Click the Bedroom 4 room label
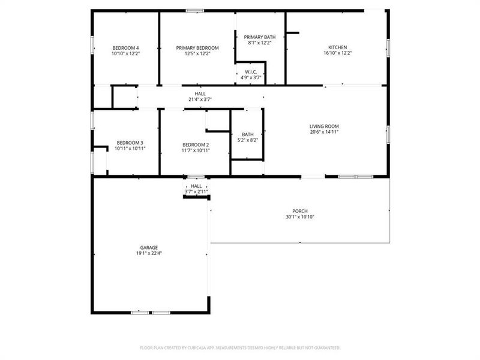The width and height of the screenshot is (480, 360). (125, 48)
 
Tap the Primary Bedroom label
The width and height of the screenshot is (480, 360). (197, 48)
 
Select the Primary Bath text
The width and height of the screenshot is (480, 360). (260, 37)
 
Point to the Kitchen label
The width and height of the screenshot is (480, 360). (337, 48)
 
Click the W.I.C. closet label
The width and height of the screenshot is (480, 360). (251, 71)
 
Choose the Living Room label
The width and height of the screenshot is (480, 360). (324, 127)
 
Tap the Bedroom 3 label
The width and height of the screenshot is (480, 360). (130, 143)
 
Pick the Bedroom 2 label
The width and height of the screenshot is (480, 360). (196, 145)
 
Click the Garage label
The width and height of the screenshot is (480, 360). (149, 247)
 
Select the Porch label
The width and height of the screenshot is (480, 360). (300, 211)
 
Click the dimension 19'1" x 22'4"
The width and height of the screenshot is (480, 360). (149, 253)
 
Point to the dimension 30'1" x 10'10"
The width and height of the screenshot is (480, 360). (300, 217)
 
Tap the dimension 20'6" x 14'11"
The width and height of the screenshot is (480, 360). (324, 132)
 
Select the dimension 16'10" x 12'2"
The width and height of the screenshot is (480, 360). (337, 53)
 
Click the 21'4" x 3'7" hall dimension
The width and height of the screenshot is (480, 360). (200, 100)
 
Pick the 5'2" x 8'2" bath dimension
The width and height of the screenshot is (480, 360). (247, 140)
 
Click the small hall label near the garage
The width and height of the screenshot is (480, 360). (196, 187)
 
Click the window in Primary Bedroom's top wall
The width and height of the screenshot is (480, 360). (194, 10)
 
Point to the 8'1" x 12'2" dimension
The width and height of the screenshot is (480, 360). (260, 43)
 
